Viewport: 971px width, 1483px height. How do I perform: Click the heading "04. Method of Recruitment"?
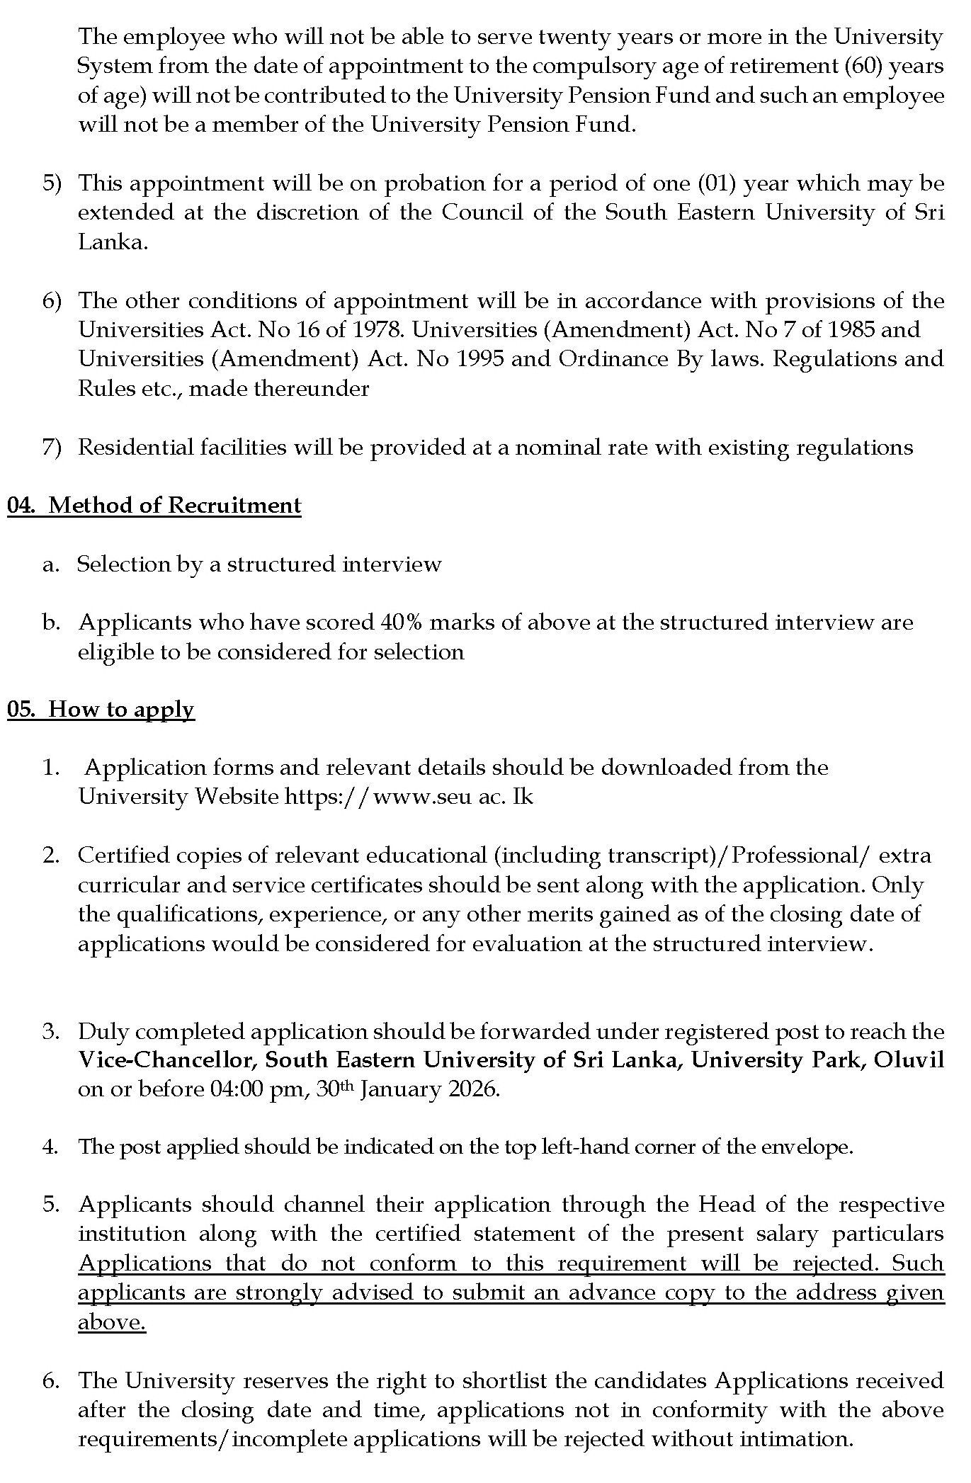(x=154, y=506)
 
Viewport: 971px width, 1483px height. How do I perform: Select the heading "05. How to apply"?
(x=101, y=710)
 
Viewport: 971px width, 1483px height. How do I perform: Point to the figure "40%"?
(x=402, y=623)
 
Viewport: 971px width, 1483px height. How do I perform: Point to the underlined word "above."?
(x=112, y=1323)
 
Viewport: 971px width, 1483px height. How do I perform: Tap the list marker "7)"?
(x=52, y=448)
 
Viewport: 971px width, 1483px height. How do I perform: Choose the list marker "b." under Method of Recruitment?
(x=50, y=623)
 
